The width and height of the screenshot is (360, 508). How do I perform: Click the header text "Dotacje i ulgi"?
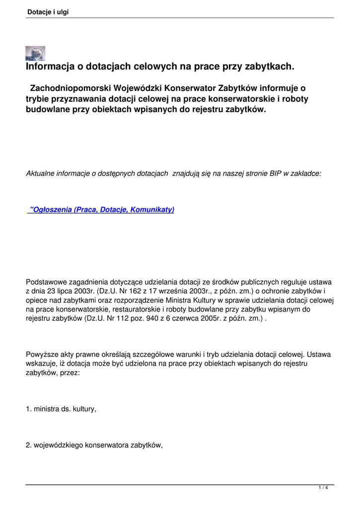click(x=48, y=12)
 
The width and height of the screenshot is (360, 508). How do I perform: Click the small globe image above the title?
click(x=35, y=53)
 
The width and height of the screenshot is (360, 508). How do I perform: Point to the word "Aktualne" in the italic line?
click(x=40, y=173)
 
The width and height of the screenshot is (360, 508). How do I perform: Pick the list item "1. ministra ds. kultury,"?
click(x=61, y=409)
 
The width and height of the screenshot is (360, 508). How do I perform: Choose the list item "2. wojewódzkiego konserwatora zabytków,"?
click(x=94, y=445)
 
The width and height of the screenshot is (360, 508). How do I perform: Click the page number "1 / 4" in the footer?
click(x=323, y=488)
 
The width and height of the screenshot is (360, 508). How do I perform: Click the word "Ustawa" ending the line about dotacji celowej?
click(x=320, y=354)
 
